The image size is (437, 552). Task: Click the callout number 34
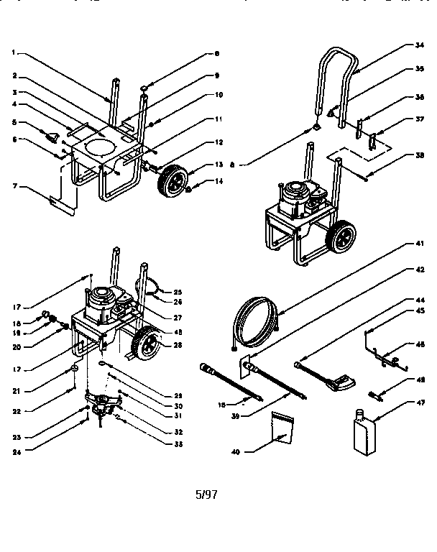pyautogui.click(x=419, y=45)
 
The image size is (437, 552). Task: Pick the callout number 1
pyautogui.click(x=14, y=52)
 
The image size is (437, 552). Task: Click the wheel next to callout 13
pyautogui.click(x=174, y=179)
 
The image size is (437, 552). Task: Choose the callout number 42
pyautogui.click(x=419, y=271)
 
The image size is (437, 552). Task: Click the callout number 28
pyautogui.click(x=177, y=345)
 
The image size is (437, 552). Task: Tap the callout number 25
pyautogui.click(x=177, y=291)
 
